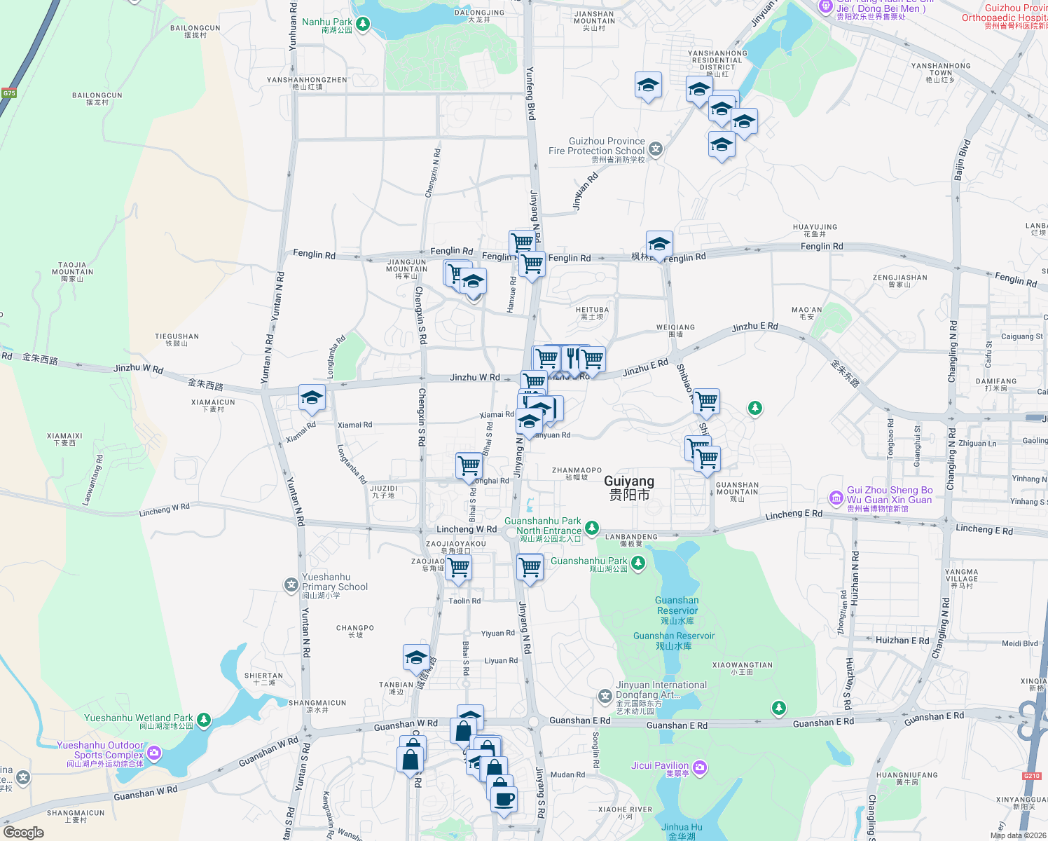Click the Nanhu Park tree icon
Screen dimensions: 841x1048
point(362,25)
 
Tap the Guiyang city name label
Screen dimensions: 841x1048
point(629,487)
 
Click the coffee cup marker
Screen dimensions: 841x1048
point(504,800)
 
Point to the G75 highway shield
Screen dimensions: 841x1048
point(9,93)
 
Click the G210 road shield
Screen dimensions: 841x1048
point(1031,776)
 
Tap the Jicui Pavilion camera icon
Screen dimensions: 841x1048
point(699,767)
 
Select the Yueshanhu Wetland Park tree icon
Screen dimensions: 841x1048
point(204,720)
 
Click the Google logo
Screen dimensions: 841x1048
point(24,832)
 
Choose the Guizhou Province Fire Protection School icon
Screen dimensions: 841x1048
point(655,149)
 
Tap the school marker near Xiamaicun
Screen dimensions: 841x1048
point(312,399)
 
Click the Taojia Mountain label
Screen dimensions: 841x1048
point(72,272)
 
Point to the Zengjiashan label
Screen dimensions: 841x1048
point(899,280)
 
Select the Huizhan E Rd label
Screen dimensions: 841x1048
point(902,640)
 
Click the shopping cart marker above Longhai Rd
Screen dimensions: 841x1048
point(469,465)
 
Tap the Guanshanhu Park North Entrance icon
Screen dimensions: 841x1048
point(592,527)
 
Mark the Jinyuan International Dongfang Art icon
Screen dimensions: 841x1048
point(605,696)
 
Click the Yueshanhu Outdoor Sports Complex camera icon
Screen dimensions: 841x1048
point(154,753)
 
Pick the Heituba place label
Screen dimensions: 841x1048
point(592,313)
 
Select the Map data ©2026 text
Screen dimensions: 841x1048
point(1018,835)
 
